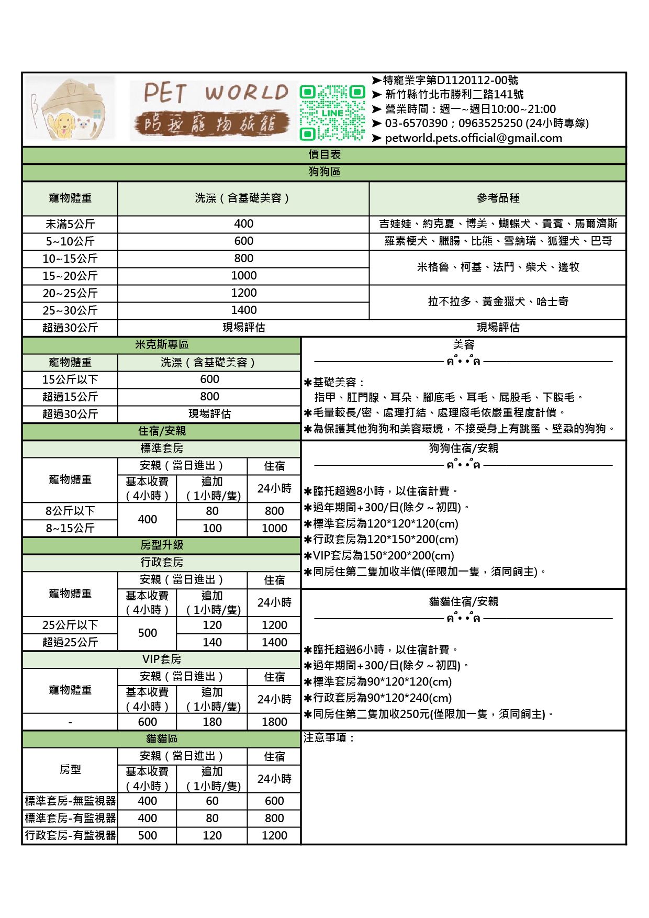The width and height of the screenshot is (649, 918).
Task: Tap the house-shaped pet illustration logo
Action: (70, 109)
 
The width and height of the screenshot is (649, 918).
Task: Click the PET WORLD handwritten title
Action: (216, 93)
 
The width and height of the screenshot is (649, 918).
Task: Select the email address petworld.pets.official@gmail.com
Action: (473, 138)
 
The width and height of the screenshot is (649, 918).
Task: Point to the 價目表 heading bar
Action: (324, 155)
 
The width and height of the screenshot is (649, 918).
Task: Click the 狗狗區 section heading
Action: (324, 172)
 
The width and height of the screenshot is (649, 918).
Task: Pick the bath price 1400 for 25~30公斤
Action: (243, 310)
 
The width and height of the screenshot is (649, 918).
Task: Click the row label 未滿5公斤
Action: (70, 224)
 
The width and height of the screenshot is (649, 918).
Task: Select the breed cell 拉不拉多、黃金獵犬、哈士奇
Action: (498, 302)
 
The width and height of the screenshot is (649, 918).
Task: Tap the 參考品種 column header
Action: (498, 198)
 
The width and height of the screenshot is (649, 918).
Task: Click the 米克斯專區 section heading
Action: (162, 345)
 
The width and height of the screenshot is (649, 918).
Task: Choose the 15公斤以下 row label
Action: (70, 379)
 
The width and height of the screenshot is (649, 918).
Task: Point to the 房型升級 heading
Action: (162, 545)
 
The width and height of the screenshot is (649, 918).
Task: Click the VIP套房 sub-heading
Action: (162, 659)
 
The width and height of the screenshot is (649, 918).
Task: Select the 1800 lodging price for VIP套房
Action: (274, 722)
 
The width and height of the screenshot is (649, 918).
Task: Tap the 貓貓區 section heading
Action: (162, 739)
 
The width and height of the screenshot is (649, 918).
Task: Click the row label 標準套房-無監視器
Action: (70, 801)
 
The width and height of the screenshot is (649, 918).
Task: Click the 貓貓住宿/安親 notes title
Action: (463, 602)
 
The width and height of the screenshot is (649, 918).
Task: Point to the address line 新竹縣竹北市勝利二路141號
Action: (454, 95)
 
